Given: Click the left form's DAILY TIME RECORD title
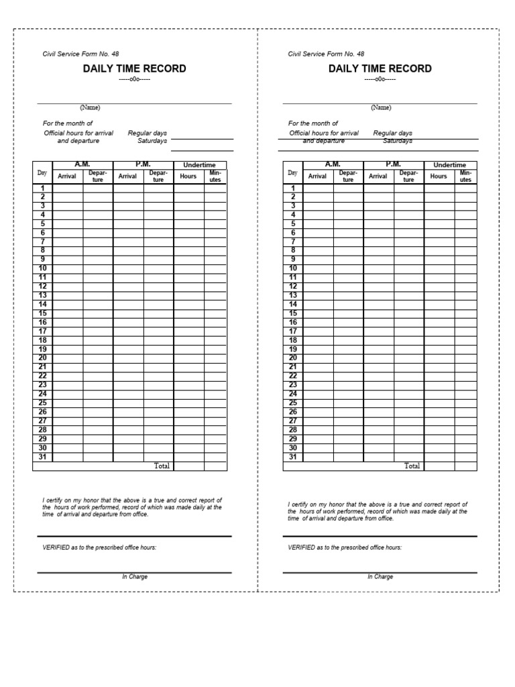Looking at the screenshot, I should pyautogui.click(x=134, y=68).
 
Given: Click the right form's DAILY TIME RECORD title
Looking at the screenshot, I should pyautogui.click(x=380, y=68).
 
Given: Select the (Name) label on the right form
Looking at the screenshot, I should pyautogui.click(x=381, y=107).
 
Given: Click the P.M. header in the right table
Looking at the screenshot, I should pyautogui.click(x=394, y=164).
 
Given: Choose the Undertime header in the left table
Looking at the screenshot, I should pyautogui.click(x=200, y=165).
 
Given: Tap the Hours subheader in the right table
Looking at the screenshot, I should pyautogui.click(x=439, y=176).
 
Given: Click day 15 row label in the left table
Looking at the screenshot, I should pyautogui.click(x=42, y=313).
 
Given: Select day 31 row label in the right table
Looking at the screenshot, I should pyautogui.click(x=292, y=457).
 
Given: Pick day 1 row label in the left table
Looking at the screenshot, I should pyautogui.click(x=42, y=188).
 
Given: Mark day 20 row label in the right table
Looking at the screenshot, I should pyautogui.click(x=292, y=358).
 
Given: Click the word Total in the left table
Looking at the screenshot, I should pyautogui.click(x=162, y=466).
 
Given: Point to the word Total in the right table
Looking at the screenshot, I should pyautogui.click(x=412, y=466).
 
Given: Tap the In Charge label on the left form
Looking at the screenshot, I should pyautogui.click(x=135, y=577).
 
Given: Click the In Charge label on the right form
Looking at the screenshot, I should pyautogui.click(x=380, y=577).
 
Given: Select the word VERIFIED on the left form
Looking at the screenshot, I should pyautogui.click(x=56, y=547).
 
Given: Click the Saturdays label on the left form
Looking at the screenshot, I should pyautogui.click(x=152, y=141).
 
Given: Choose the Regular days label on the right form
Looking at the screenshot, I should pyautogui.click(x=393, y=133).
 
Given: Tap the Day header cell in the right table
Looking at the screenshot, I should pyautogui.click(x=292, y=173).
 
